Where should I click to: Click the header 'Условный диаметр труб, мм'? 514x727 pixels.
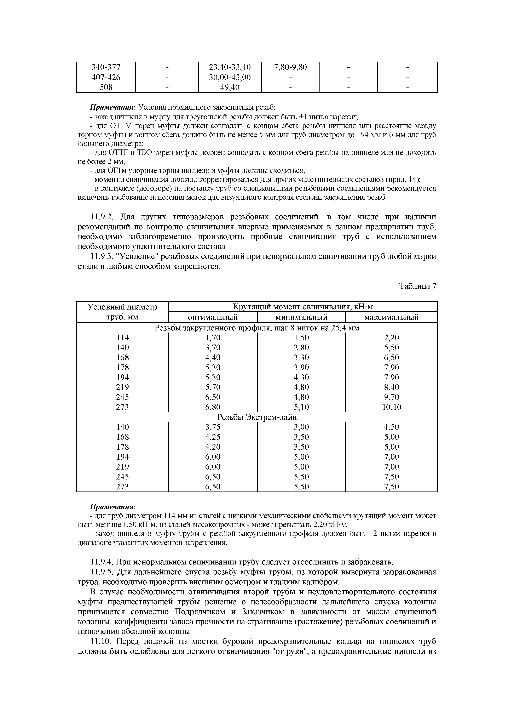pos(122,312)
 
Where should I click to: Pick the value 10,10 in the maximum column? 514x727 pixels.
pos(392,407)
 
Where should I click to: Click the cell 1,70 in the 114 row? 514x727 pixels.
pos(213,338)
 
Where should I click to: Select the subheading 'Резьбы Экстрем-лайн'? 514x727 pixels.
pos(257,417)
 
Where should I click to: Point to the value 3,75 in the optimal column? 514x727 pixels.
pos(213,427)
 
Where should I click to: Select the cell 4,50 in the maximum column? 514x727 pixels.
pos(392,427)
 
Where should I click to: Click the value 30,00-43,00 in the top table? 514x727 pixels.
pos(230,77)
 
